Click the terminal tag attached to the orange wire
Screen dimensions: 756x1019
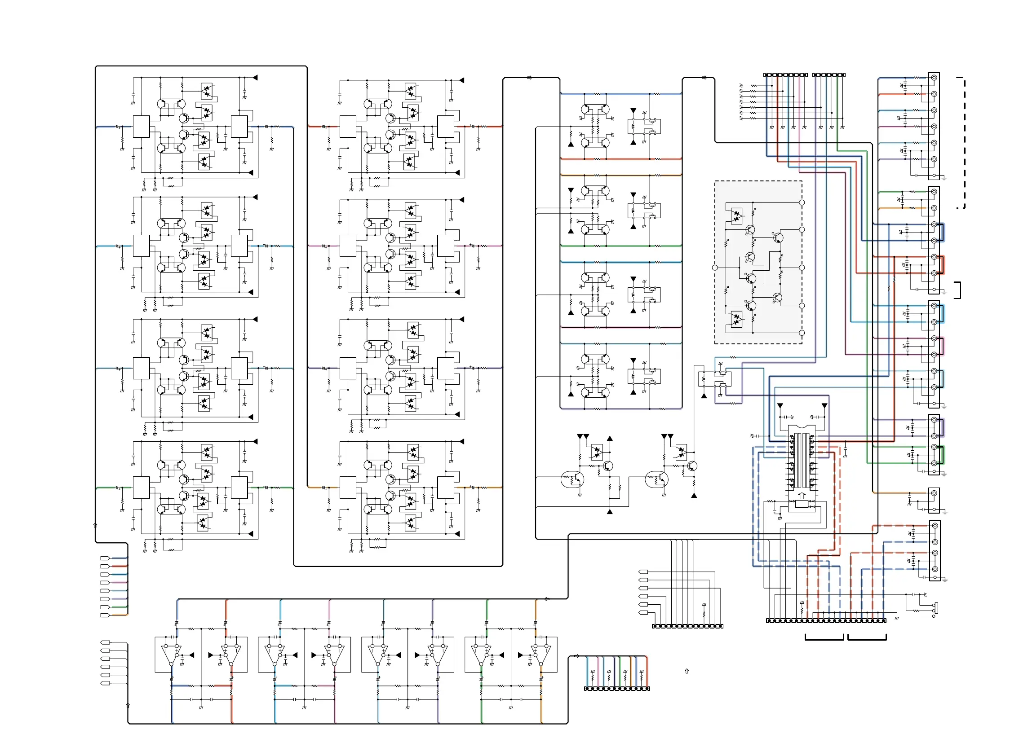pyautogui.click(x=105, y=615)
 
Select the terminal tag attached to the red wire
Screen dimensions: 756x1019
pyautogui.click(x=105, y=566)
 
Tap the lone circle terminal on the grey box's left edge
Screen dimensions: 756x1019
pyautogui.click(x=715, y=268)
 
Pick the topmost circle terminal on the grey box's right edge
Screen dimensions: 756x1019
pyautogui.click(x=802, y=202)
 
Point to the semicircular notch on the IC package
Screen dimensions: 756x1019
pyautogui.click(x=802, y=426)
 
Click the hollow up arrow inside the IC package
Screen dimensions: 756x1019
pyautogui.click(x=802, y=496)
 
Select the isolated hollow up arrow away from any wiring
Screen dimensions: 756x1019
pyautogui.click(x=687, y=671)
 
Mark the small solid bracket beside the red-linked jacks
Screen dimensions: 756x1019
pyautogui.click(x=958, y=290)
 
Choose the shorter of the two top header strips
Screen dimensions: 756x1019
pyautogui.click(x=828, y=75)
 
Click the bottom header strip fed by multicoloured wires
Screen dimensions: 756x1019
pyautogui.click(x=617, y=688)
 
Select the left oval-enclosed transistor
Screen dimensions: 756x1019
pyautogui.click(x=572, y=479)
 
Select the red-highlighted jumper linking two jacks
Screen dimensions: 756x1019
pyautogui.click(x=942, y=265)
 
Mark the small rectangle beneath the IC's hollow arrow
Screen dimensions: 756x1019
pyautogui.click(x=802, y=504)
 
